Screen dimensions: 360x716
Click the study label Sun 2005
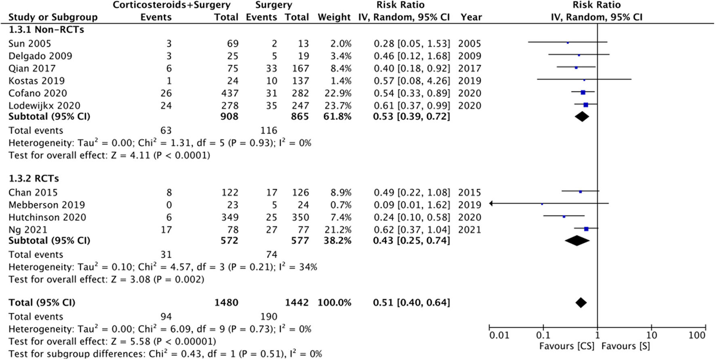click(29, 44)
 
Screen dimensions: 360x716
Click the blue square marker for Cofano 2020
click(583, 93)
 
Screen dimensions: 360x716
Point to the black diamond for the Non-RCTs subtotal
click(582, 117)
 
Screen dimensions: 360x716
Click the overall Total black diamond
click(581, 303)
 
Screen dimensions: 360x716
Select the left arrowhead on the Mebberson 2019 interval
click(491, 204)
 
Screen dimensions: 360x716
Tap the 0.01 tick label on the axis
click(499, 335)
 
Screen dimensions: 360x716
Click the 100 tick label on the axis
click(697, 335)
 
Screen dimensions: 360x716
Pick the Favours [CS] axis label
click(567, 346)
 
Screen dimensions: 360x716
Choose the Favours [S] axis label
click(625, 346)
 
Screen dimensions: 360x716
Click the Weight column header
click(334, 17)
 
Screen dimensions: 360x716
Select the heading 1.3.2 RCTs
click(34, 179)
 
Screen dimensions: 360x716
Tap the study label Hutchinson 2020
click(47, 217)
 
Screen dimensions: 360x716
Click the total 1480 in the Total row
click(226, 303)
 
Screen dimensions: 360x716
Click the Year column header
click(471, 17)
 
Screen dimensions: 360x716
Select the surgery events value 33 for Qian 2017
click(272, 69)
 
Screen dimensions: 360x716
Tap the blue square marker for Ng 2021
click(586, 229)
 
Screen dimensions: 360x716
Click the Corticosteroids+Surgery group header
click(172, 5)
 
